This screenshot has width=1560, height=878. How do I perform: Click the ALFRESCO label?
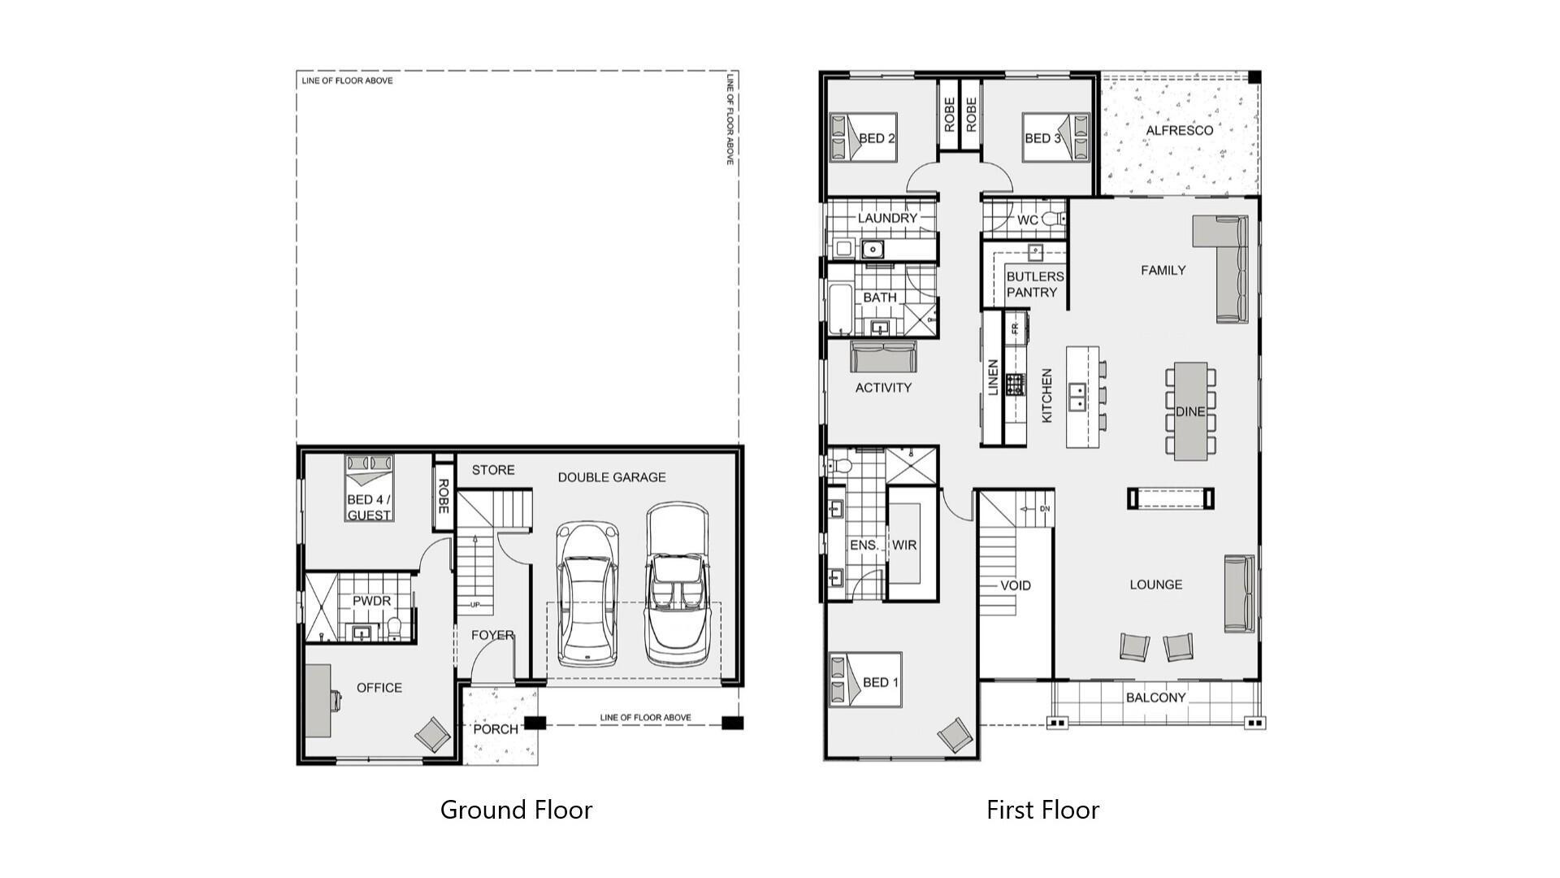point(1179,130)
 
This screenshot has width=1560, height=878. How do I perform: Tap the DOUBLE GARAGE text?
point(611,477)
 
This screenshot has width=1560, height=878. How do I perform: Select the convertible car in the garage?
point(677,584)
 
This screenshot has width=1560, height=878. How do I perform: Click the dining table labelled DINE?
point(1190,411)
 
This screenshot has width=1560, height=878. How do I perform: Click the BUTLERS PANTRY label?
point(1034,285)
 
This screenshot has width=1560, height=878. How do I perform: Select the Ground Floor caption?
point(516,810)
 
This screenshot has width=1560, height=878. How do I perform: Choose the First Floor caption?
point(1042,810)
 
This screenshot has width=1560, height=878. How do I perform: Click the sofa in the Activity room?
point(883,357)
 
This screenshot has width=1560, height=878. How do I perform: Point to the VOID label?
point(1016,585)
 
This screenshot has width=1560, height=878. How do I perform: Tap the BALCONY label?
point(1155,698)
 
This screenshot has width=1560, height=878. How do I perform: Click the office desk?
point(318,700)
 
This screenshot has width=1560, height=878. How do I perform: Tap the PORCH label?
point(496,729)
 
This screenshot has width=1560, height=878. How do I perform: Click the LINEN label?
point(993,377)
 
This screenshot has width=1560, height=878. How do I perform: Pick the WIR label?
point(904,545)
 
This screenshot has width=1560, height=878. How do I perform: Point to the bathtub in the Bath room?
point(841,310)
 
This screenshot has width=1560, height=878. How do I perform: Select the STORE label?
point(493,470)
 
